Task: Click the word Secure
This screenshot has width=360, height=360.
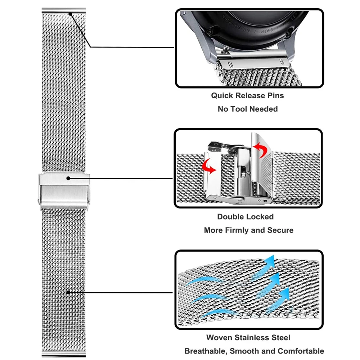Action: pos(280,230)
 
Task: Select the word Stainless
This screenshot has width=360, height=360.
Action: pos(254,338)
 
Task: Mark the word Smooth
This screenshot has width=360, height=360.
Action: pos(249,351)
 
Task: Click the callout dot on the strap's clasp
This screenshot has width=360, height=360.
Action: pos(68,178)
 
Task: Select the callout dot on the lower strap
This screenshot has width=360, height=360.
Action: pos(68,292)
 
